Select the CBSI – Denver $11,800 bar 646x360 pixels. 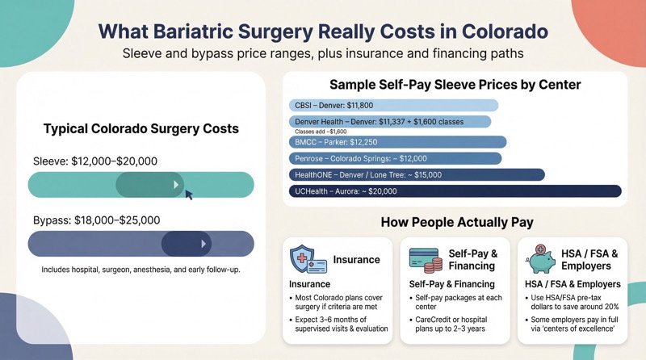tap(392, 105)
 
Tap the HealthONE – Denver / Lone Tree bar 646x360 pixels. tap(416, 174)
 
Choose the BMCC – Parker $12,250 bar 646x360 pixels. tap(396, 142)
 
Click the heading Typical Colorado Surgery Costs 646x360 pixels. tap(141, 129)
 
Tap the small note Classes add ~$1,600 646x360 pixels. tap(321, 131)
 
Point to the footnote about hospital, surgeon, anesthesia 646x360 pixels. tap(141, 269)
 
